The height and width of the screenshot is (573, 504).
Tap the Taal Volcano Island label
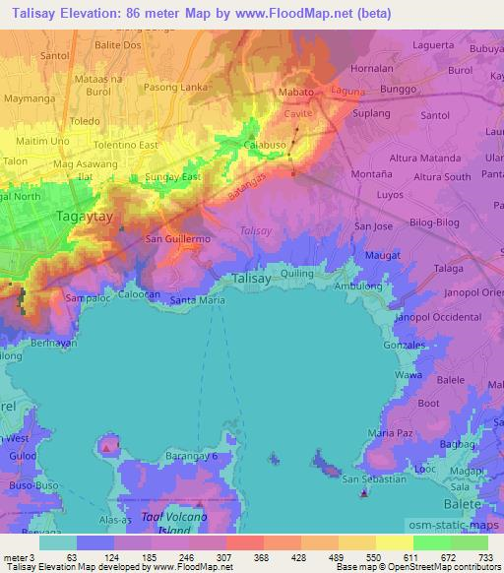pos(173,523)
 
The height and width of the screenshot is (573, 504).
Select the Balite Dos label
pos(118,46)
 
